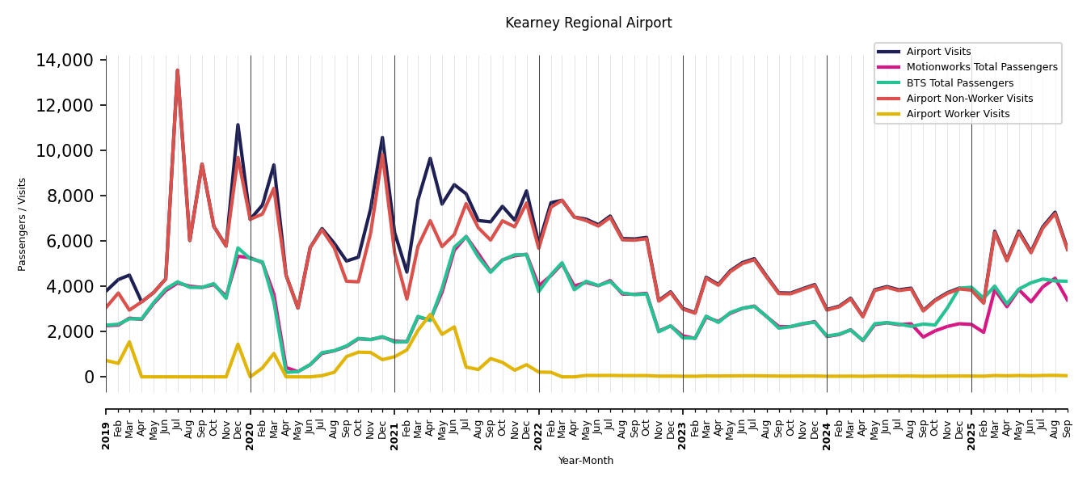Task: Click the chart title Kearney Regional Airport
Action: click(588, 23)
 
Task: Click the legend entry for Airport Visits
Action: click(938, 52)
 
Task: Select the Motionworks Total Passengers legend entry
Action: click(981, 67)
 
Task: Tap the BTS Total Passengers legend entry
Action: click(959, 83)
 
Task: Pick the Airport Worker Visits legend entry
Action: click(958, 114)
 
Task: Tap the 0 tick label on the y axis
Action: click(90, 377)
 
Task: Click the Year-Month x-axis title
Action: click(585, 461)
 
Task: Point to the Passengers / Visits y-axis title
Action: click(23, 224)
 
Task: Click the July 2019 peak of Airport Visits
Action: click(178, 70)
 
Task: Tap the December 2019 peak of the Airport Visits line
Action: click(238, 124)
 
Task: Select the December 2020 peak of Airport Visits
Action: click(382, 137)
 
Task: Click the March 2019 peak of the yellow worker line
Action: click(129, 342)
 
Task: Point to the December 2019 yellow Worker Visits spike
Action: click(238, 344)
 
